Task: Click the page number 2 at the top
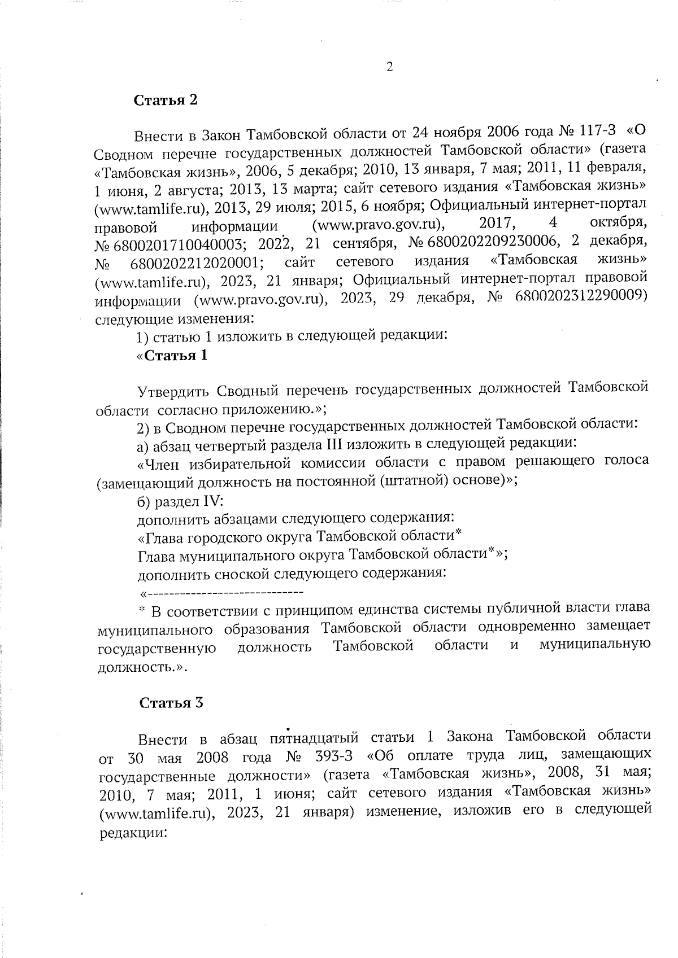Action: click(x=389, y=67)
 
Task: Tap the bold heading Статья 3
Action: click(x=171, y=703)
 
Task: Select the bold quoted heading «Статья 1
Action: click(x=172, y=356)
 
